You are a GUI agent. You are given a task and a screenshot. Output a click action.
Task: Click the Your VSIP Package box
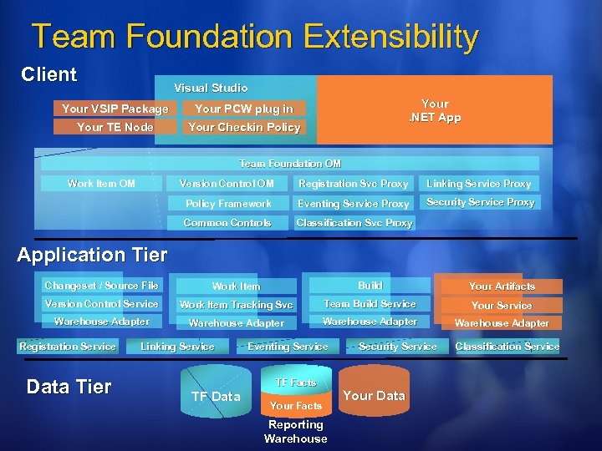115,109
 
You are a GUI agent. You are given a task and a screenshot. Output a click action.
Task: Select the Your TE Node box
115,127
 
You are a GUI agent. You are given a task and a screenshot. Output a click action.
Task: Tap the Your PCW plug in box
243,109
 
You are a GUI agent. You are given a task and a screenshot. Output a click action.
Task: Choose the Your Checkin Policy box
243,127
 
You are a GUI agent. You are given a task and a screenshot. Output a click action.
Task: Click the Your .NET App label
435,111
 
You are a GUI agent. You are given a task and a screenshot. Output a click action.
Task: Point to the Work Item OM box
101,183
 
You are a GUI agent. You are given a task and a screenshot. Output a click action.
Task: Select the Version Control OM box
227,184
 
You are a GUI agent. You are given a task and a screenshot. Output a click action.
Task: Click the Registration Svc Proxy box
354,184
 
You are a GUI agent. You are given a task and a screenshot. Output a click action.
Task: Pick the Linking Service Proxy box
479,184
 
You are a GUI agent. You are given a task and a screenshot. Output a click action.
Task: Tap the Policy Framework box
228,203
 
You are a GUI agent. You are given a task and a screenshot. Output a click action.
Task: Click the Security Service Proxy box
480,202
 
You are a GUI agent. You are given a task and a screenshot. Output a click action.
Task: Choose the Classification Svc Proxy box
354,223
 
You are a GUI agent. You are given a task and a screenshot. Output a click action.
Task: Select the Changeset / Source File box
101,286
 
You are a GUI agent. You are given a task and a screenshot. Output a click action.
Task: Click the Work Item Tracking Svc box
237,305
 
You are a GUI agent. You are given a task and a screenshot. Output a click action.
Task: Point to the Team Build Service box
370,304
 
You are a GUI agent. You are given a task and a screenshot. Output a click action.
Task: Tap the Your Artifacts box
502,286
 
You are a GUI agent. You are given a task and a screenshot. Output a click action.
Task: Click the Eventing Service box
288,346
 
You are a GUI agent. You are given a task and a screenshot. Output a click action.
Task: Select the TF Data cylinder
215,396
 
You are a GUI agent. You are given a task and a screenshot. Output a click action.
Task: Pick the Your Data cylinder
374,395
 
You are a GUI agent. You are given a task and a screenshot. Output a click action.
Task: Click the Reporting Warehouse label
295,431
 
